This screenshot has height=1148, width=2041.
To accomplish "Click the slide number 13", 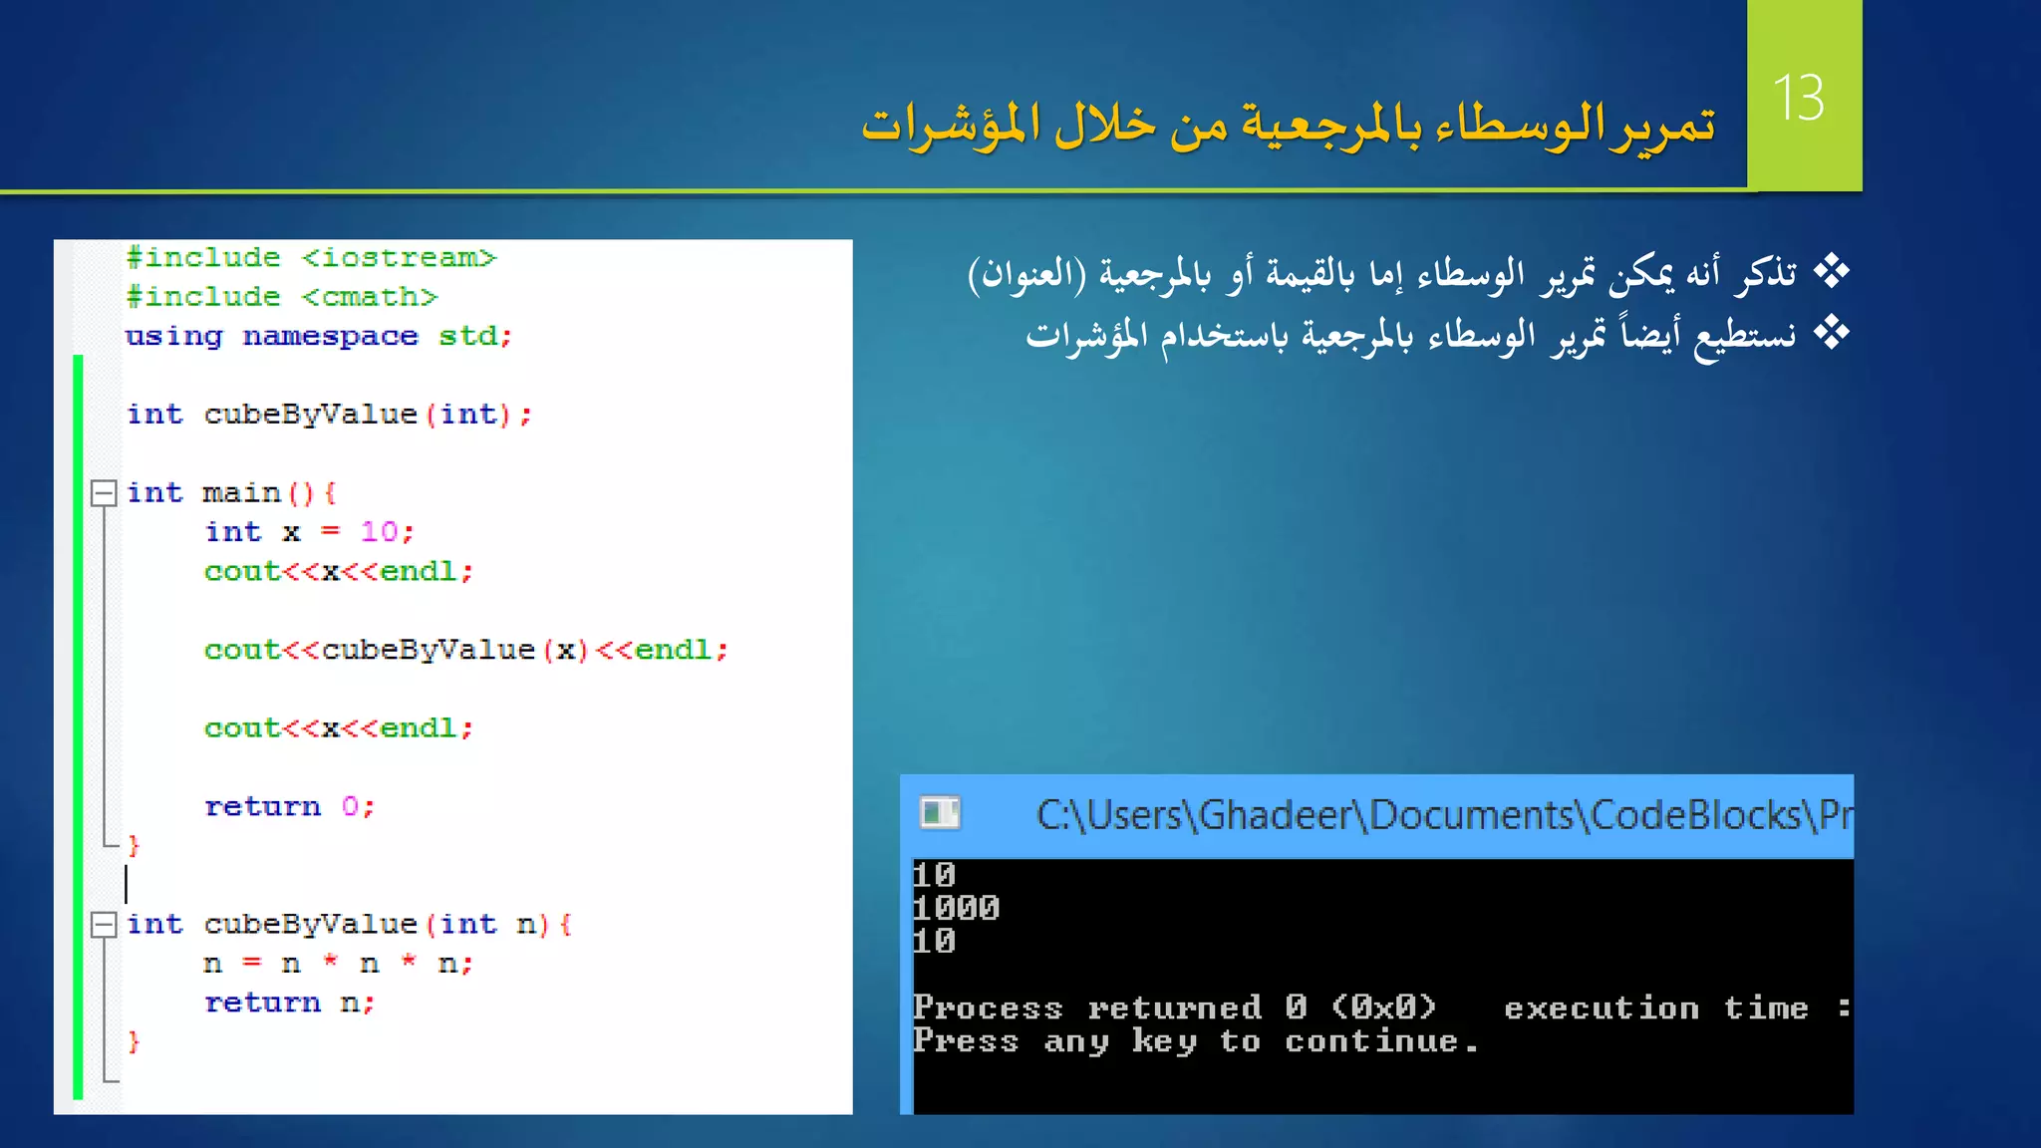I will (1799, 98).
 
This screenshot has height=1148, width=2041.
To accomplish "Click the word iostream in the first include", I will (399, 258).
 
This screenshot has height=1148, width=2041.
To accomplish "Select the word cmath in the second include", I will (370, 297).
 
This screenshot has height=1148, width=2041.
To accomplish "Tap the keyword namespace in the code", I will (330, 337).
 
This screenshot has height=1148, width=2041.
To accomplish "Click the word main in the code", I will (242, 493).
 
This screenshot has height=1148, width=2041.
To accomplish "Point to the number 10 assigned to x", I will (380, 532).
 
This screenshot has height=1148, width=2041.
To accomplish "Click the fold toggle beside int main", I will (104, 493).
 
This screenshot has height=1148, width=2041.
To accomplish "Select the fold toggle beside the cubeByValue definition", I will (104, 925).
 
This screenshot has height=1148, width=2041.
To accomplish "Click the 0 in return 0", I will (350, 806).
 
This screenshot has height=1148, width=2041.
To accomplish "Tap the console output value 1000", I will (957, 908).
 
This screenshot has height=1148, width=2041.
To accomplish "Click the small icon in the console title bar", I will (940, 813).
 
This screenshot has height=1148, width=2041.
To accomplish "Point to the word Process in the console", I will (988, 1007).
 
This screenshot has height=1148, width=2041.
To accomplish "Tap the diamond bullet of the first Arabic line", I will (1831, 271).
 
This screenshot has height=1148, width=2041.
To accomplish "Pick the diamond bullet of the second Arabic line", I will (1831, 333).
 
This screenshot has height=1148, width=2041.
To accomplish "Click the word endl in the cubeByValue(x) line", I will (673, 650).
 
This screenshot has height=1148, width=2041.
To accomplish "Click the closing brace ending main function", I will (134, 846).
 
